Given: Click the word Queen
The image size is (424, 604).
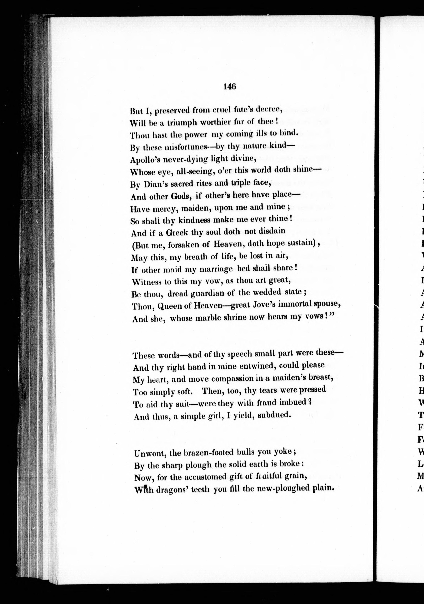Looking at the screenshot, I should pos(170,306).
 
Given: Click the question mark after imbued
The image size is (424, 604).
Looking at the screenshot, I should pos(310,402).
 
